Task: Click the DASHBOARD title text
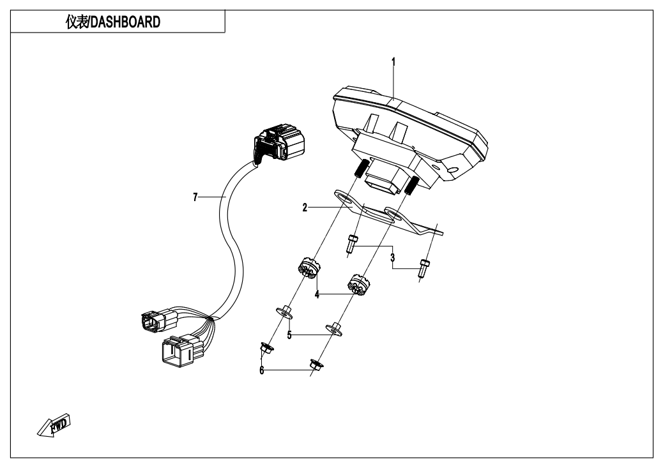point(116,22)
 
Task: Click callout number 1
point(393,62)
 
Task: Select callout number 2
point(305,208)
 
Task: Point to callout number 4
point(316,295)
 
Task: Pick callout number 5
point(289,334)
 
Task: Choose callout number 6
point(262,370)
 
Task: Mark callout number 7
point(195,197)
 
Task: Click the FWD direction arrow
point(54,425)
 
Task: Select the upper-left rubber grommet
point(307,267)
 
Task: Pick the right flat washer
point(334,329)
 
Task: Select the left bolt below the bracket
point(351,243)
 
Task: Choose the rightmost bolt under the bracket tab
point(425,266)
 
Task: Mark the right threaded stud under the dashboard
point(411,186)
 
